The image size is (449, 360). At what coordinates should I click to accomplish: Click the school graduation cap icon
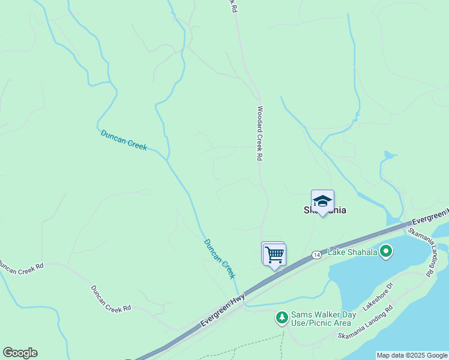coord(322,201)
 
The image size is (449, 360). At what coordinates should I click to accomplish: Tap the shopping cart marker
coord(274,254)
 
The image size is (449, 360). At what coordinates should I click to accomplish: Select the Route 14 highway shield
coord(316,256)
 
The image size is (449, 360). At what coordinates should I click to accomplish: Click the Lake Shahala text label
coord(352,252)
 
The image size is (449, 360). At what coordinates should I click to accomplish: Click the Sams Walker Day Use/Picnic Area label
coord(324,319)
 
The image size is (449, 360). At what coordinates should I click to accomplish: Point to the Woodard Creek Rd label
coord(260,133)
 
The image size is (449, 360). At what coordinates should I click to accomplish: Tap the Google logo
coord(20,353)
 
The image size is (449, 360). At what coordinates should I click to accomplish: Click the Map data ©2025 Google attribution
coord(411,355)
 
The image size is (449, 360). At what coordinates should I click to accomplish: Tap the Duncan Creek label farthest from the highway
coord(124,140)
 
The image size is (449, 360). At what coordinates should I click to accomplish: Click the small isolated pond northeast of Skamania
coord(389,155)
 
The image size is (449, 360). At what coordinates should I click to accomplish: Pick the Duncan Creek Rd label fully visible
coord(110,299)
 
